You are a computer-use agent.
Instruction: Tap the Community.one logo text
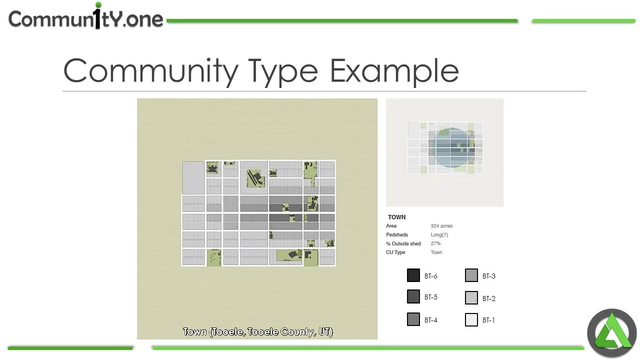point(86,18)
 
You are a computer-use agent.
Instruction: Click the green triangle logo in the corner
point(611,333)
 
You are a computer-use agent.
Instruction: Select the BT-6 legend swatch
point(413,275)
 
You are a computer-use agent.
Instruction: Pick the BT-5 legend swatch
point(413,297)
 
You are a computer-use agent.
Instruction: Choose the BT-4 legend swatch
point(413,319)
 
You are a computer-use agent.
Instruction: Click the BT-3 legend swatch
point(471,275)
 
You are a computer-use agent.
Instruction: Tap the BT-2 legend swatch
point(471,298)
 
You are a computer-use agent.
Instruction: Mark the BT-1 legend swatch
point(471,320)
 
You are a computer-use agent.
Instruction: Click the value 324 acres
point(441,226)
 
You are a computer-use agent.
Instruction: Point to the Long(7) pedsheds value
point(439,235)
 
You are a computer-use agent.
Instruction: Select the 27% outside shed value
point(435,243)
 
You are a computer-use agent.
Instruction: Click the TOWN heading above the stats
point(396,217)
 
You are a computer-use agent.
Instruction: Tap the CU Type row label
point(395,252)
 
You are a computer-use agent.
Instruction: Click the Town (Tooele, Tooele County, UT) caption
point(257,332)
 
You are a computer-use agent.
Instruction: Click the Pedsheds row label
point(397,235)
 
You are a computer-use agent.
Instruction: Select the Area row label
point(391,226)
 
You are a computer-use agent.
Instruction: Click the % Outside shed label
point(403,243)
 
